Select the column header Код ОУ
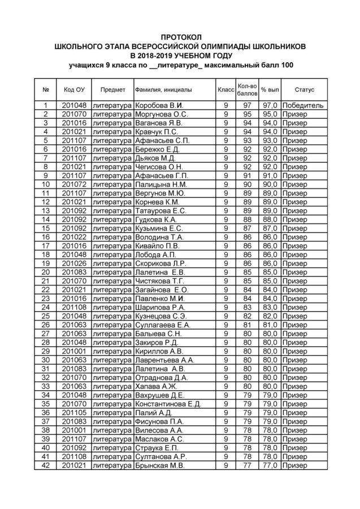(74, 90)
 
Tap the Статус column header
(304, 90)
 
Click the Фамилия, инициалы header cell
(163, 90)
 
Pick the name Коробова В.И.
(159, 105)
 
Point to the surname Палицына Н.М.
(161, 184)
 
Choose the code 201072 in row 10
(74, 184)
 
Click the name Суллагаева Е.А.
(163, 325)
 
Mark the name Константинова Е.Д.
(168, 404)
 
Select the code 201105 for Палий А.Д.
(74, 413)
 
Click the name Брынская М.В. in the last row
(161, 465)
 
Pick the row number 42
(45, 465)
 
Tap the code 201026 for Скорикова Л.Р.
(74, 263)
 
